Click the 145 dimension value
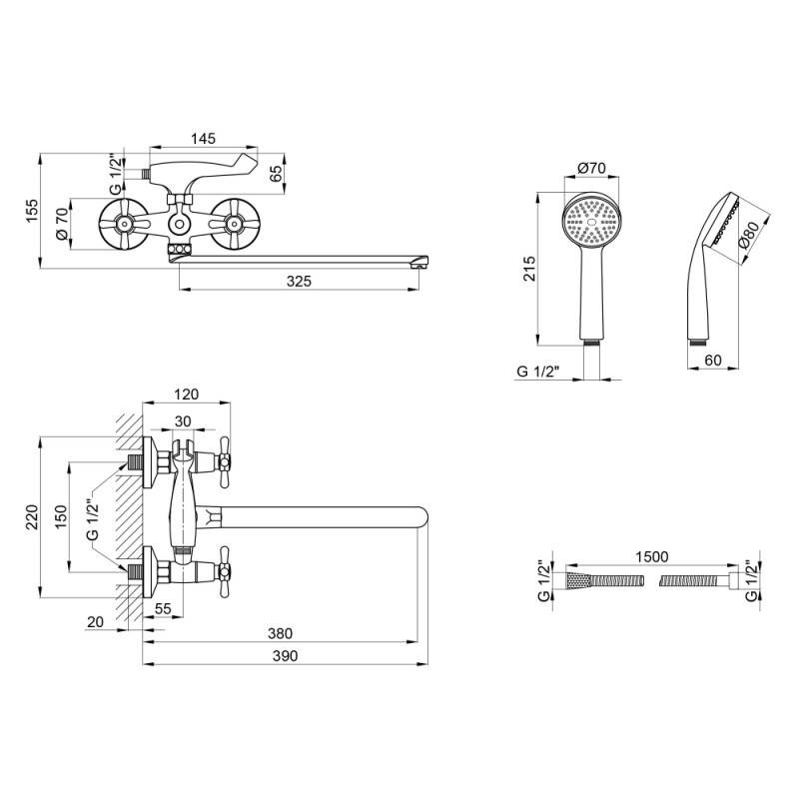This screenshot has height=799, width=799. point(202,139)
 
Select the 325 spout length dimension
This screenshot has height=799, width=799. point(298,282)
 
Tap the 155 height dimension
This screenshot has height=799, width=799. point(32,211)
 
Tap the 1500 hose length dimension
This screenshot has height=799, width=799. point(649,556)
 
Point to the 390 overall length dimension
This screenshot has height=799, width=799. point(287,654)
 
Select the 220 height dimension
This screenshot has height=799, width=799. point(32,515)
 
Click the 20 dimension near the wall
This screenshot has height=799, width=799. point(96,621)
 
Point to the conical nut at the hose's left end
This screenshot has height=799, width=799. point(576,580)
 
